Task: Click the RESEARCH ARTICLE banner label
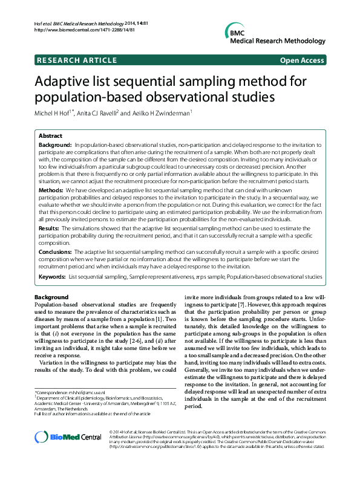[77, 60]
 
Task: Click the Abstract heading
[51, 137]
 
